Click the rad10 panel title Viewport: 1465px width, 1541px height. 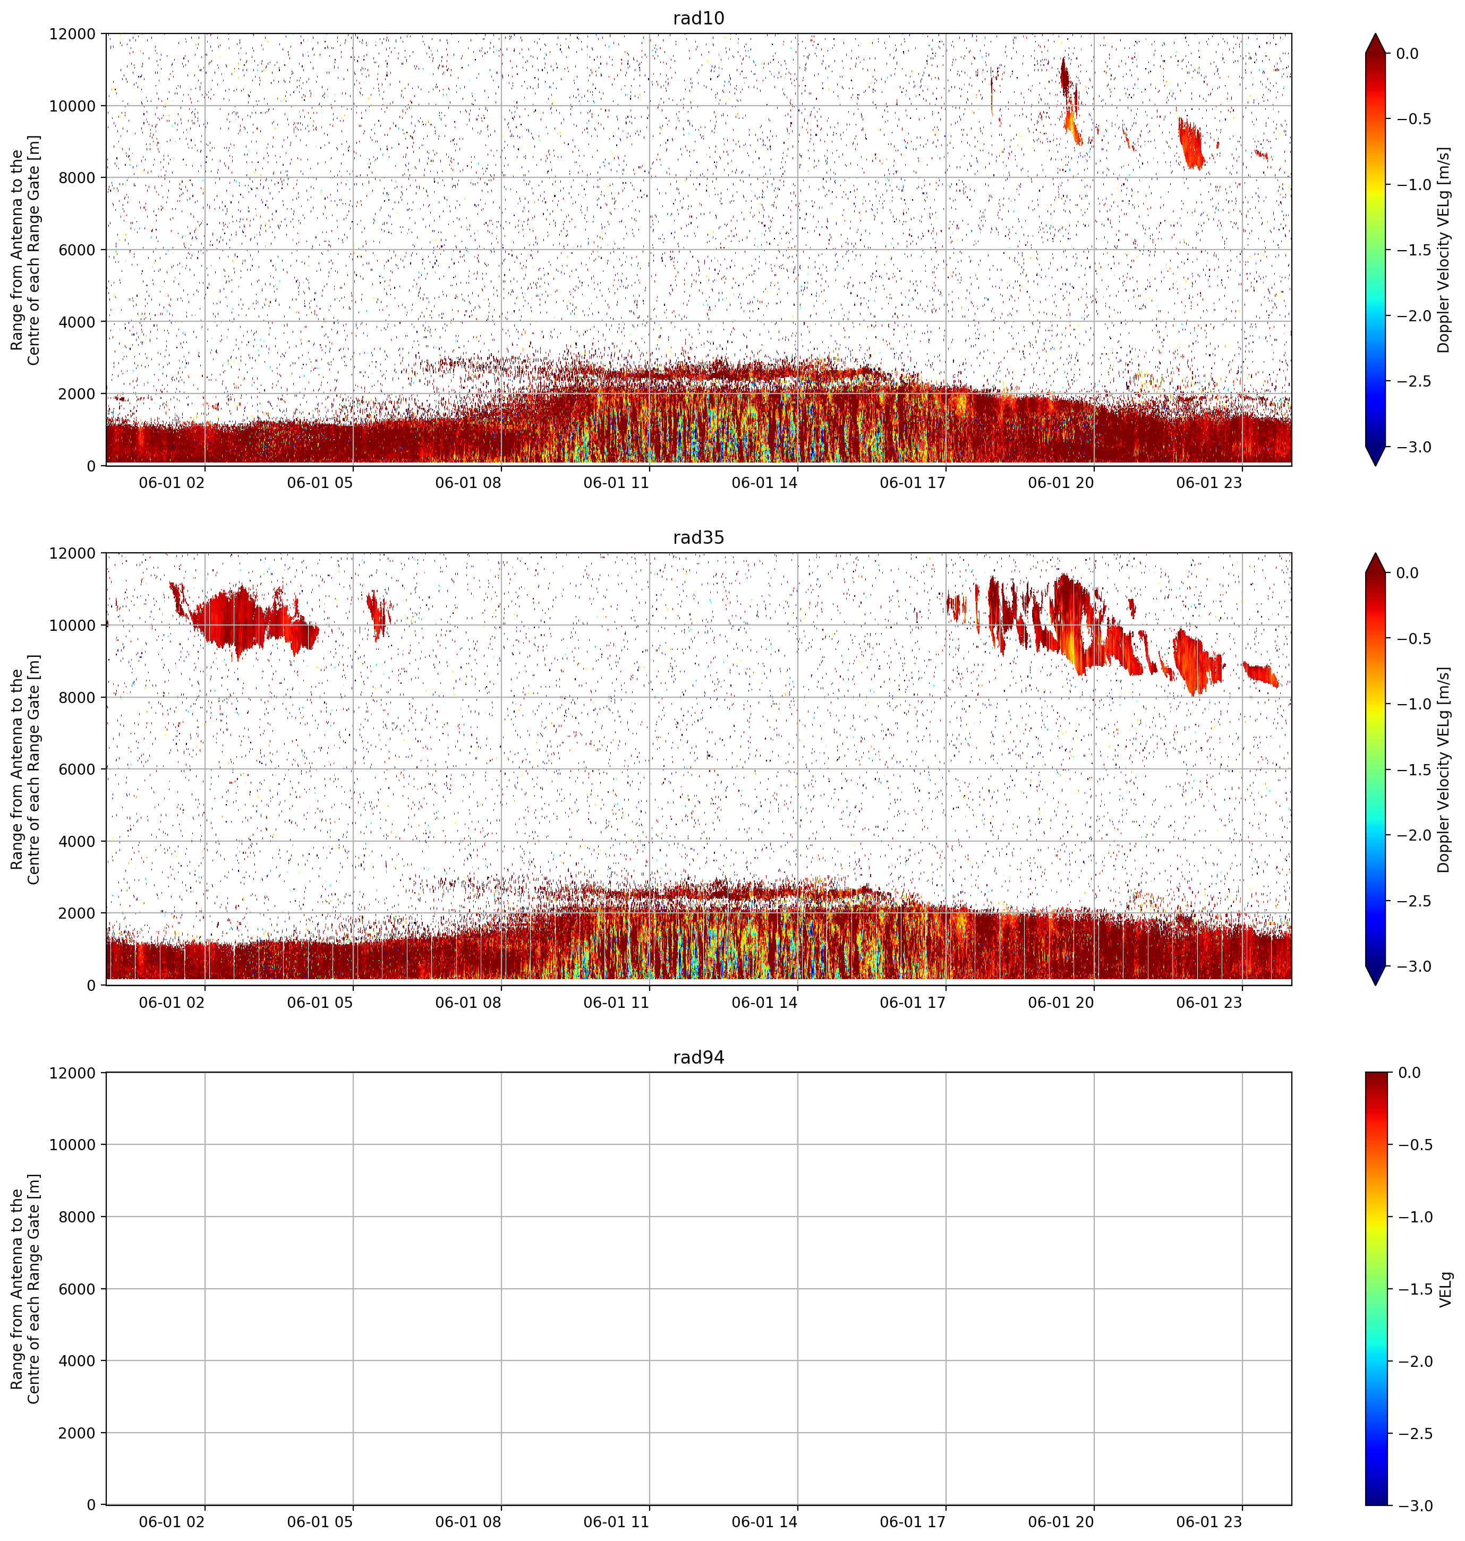[x=698, y=18]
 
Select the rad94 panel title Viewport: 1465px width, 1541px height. [x=698, y=1057]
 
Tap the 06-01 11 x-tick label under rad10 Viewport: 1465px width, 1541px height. [x=616, y=483]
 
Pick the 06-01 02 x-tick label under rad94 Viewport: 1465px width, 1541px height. [x=172, y=1521]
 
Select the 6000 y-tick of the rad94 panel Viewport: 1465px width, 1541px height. [x=76, y=1289]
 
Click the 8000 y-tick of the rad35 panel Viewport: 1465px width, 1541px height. [x=76, y=697]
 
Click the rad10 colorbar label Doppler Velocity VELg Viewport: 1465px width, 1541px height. [x=1443, y=250]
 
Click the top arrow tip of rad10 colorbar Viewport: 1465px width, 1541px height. [x=1376, y=33]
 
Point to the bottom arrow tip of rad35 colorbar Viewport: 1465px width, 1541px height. [x=1376, y=984]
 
